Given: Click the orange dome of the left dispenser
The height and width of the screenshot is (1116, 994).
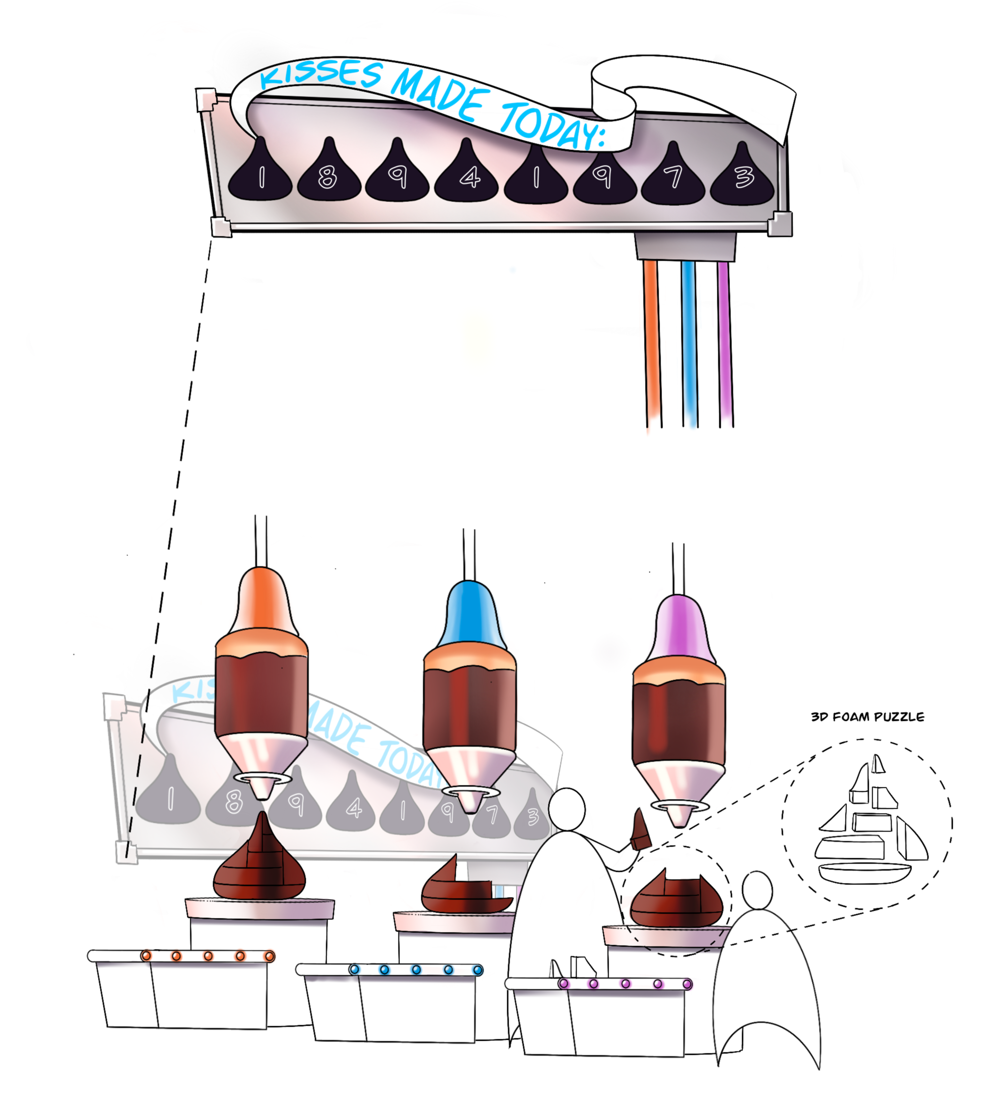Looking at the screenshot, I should [x=262, y=601].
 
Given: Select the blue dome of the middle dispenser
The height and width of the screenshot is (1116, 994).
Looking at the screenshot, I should [x=470, y=615].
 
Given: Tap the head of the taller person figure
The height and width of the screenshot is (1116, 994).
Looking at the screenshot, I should [x=567, y=810].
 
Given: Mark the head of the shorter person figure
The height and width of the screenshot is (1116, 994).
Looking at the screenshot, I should [x=757, y=890].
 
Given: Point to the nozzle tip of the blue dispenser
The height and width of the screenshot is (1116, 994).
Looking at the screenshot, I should [x=470, y=804].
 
